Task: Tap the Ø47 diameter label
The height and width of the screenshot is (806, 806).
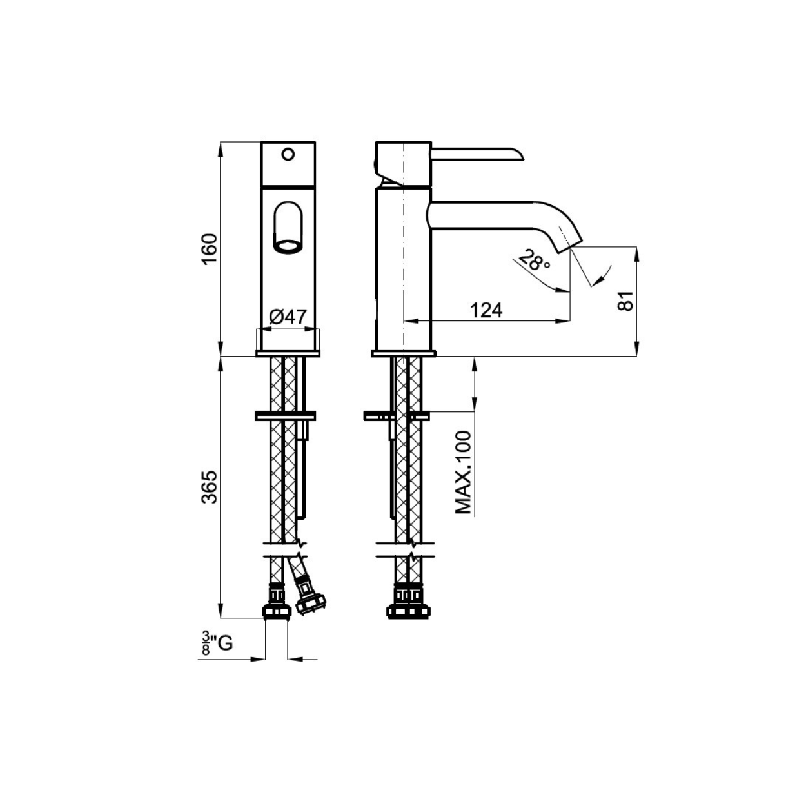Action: pyautogui.click(x=288, y=317)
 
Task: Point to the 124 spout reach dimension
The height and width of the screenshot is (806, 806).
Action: pyautogui.click(x=486, y=310)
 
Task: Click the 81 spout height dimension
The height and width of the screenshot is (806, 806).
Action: pyautogui.click(x=626, y=300)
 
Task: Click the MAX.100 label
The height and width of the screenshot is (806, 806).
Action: pyautogui.click(x=464, y=472)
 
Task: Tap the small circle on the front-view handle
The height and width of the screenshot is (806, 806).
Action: pyautogui.click(x=288, y=154)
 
